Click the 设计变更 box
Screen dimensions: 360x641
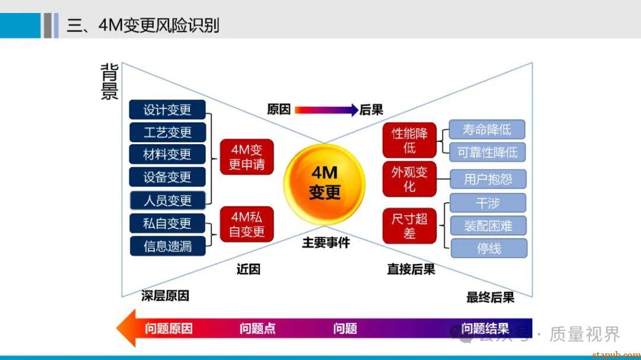[167, 110]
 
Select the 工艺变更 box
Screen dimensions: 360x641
[167, 132]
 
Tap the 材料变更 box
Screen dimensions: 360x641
[167, 154]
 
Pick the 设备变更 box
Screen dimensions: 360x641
[167, 177]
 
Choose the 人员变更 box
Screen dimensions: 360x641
[167, 200]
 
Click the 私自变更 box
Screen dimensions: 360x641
[167, 223]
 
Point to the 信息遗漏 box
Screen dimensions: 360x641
[167, 246]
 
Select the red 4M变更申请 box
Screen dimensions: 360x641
[246, 157]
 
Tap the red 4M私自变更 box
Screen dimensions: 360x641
[246, 224]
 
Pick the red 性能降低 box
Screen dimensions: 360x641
[410, 141]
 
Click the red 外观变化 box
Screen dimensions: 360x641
[410, 179]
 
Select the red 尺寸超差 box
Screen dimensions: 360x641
[410, 226]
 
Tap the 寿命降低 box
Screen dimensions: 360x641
[487, 129]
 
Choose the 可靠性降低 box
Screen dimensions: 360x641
[487, 152]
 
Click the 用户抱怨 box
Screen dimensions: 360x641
[488, 179]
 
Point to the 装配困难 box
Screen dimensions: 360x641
[488, 225]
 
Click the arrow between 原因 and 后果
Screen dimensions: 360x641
[325, 110]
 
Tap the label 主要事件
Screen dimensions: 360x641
[326, 243]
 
